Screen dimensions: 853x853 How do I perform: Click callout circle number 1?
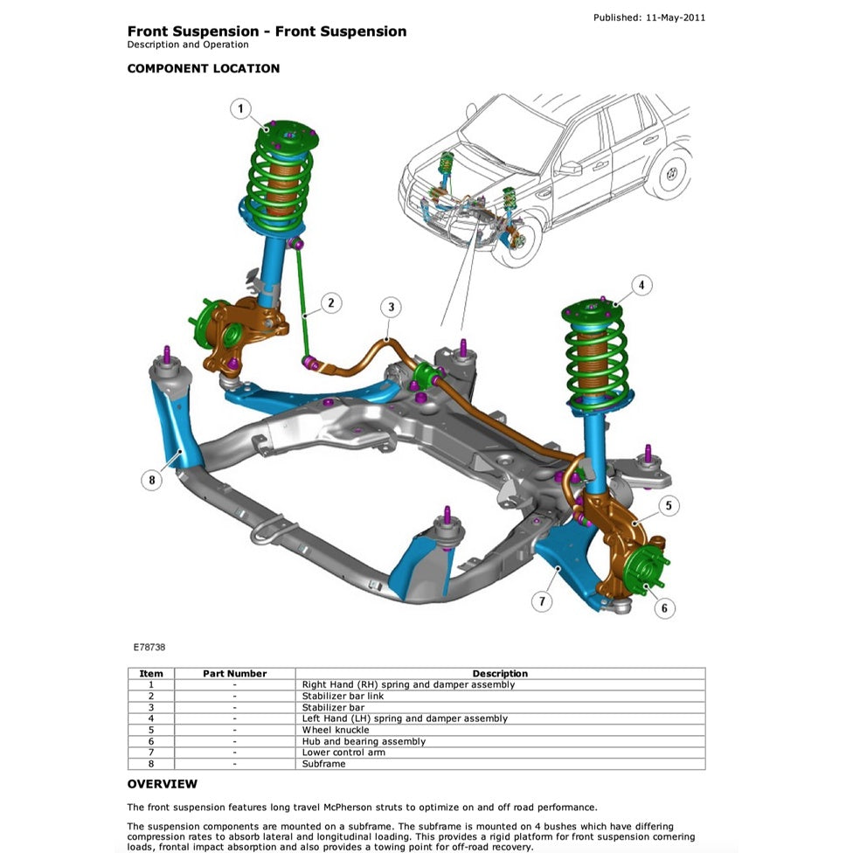pos(241,110)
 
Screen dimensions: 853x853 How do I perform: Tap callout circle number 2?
pos(330,303)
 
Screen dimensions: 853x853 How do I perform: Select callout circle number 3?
pos(391,307)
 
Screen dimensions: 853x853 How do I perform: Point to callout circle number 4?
pos(641,285)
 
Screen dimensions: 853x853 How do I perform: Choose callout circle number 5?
pos(669,505)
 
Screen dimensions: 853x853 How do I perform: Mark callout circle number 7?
pos(543,601)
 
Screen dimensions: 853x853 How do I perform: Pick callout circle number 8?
pos(152,479)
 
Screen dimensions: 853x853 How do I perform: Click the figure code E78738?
pos(149,648)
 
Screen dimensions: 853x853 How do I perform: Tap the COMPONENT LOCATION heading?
pos(204,68)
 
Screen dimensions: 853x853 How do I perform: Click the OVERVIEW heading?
pos(163,784)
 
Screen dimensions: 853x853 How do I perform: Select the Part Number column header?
pos(234,674)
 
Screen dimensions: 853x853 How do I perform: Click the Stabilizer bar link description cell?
pos(343,697)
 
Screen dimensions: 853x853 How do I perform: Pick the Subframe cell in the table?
pos(323,764)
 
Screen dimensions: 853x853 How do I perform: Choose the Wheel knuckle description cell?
pos(336,730)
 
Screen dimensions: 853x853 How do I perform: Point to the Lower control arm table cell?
pos(343,752)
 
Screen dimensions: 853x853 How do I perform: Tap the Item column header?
pos(151,674)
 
